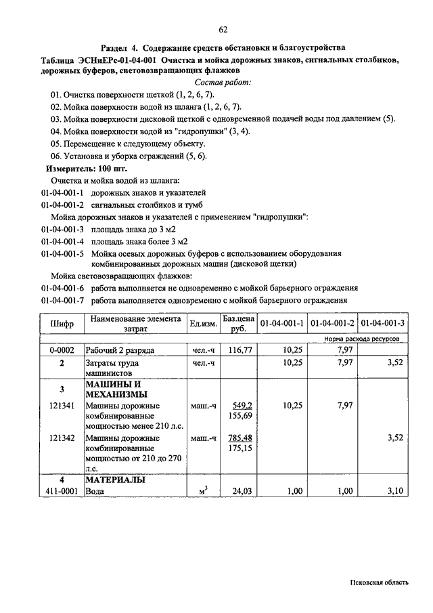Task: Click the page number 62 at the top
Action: click(223, 28)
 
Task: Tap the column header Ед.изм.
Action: click(203, 324)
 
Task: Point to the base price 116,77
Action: click(240, 350)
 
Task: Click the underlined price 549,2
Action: click(242, 406)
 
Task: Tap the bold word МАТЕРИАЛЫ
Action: click(115, 480)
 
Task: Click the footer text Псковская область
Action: click(380, 583)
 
